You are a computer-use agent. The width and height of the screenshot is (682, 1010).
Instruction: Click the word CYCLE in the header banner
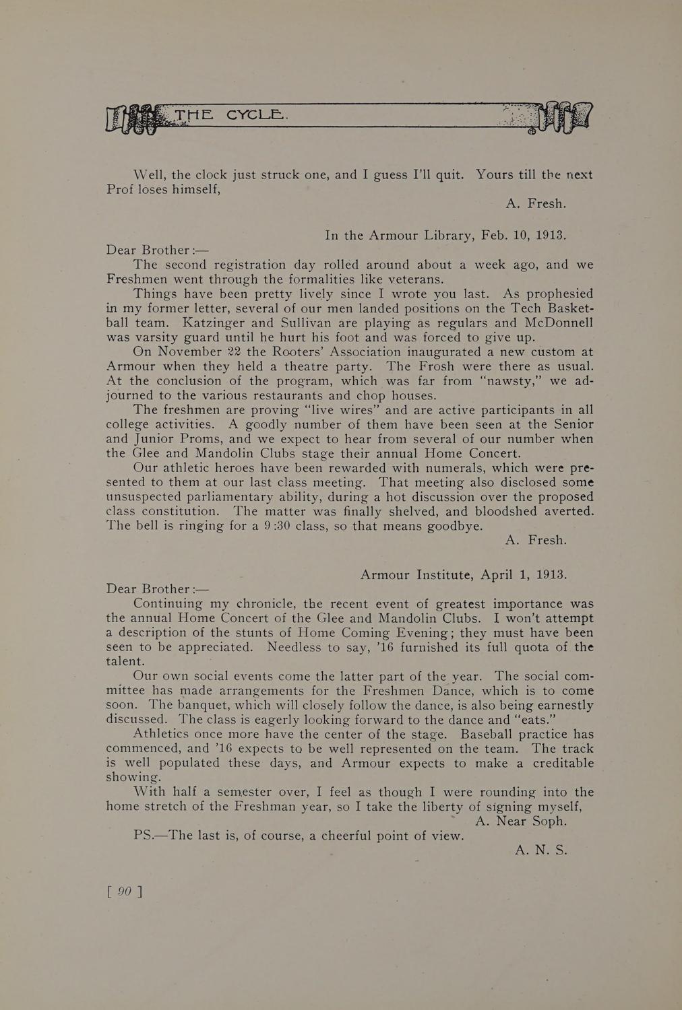pyautogui.click(x=257, y=115)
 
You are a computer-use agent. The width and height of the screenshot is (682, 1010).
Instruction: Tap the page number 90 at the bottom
pyautogui.click(x=125, y=891)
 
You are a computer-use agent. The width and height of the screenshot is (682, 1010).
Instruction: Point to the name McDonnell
pyautogui.click(x=555, y=323)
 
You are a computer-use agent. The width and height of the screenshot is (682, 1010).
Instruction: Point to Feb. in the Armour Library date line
pyautogui.click(x=495, y=235)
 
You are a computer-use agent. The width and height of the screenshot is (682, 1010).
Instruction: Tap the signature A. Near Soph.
pyautogui.click(x=520, y=821)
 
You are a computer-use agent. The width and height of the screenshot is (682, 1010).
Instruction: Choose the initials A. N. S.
pyautogui.click(x=540, y=850)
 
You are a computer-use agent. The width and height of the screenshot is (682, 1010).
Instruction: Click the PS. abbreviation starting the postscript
pyautogui.click(x=145, y=836)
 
